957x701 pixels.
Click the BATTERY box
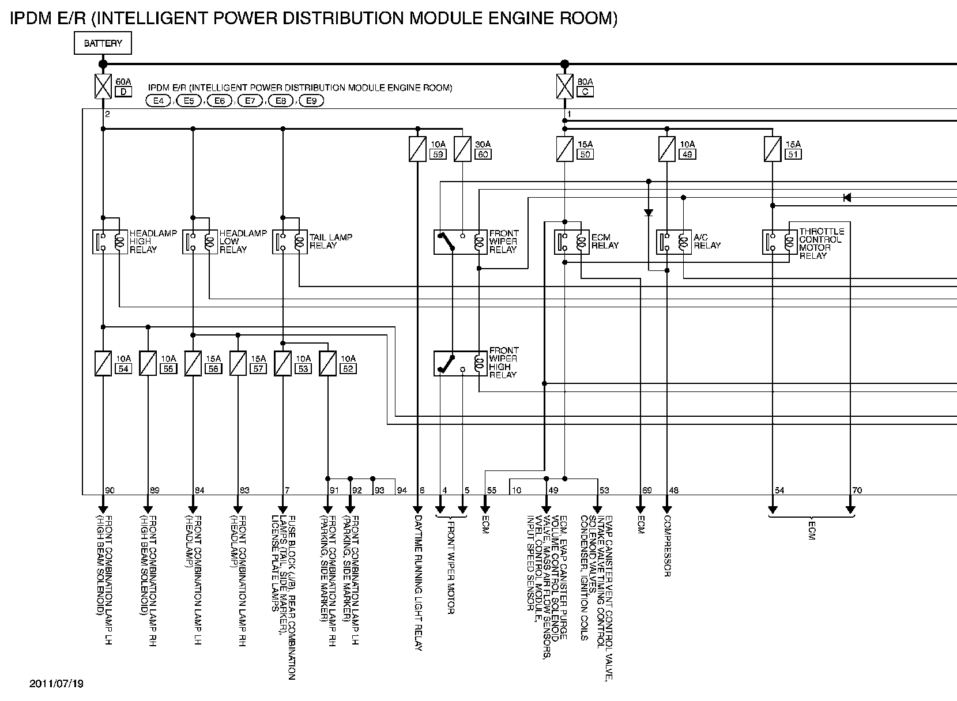pos(103,43)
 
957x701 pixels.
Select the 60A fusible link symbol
pos(103,86)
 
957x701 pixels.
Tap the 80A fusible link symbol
pos(564,86)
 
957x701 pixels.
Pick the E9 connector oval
pos(311,101)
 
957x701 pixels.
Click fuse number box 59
pos(438,154)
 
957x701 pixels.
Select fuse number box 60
pos(483,154)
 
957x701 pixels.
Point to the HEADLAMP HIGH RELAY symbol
pos(110,242)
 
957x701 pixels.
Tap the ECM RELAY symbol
pos(572,242)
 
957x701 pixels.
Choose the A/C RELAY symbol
pos(674,242)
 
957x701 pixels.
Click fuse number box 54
pos(123,369)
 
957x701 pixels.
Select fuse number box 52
pos(348,369)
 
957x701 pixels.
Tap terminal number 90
pos(110,491)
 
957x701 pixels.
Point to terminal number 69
pos(647,491)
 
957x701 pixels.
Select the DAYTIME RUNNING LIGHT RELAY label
pos(419,583)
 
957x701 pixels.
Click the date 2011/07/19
pos(56,684)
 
